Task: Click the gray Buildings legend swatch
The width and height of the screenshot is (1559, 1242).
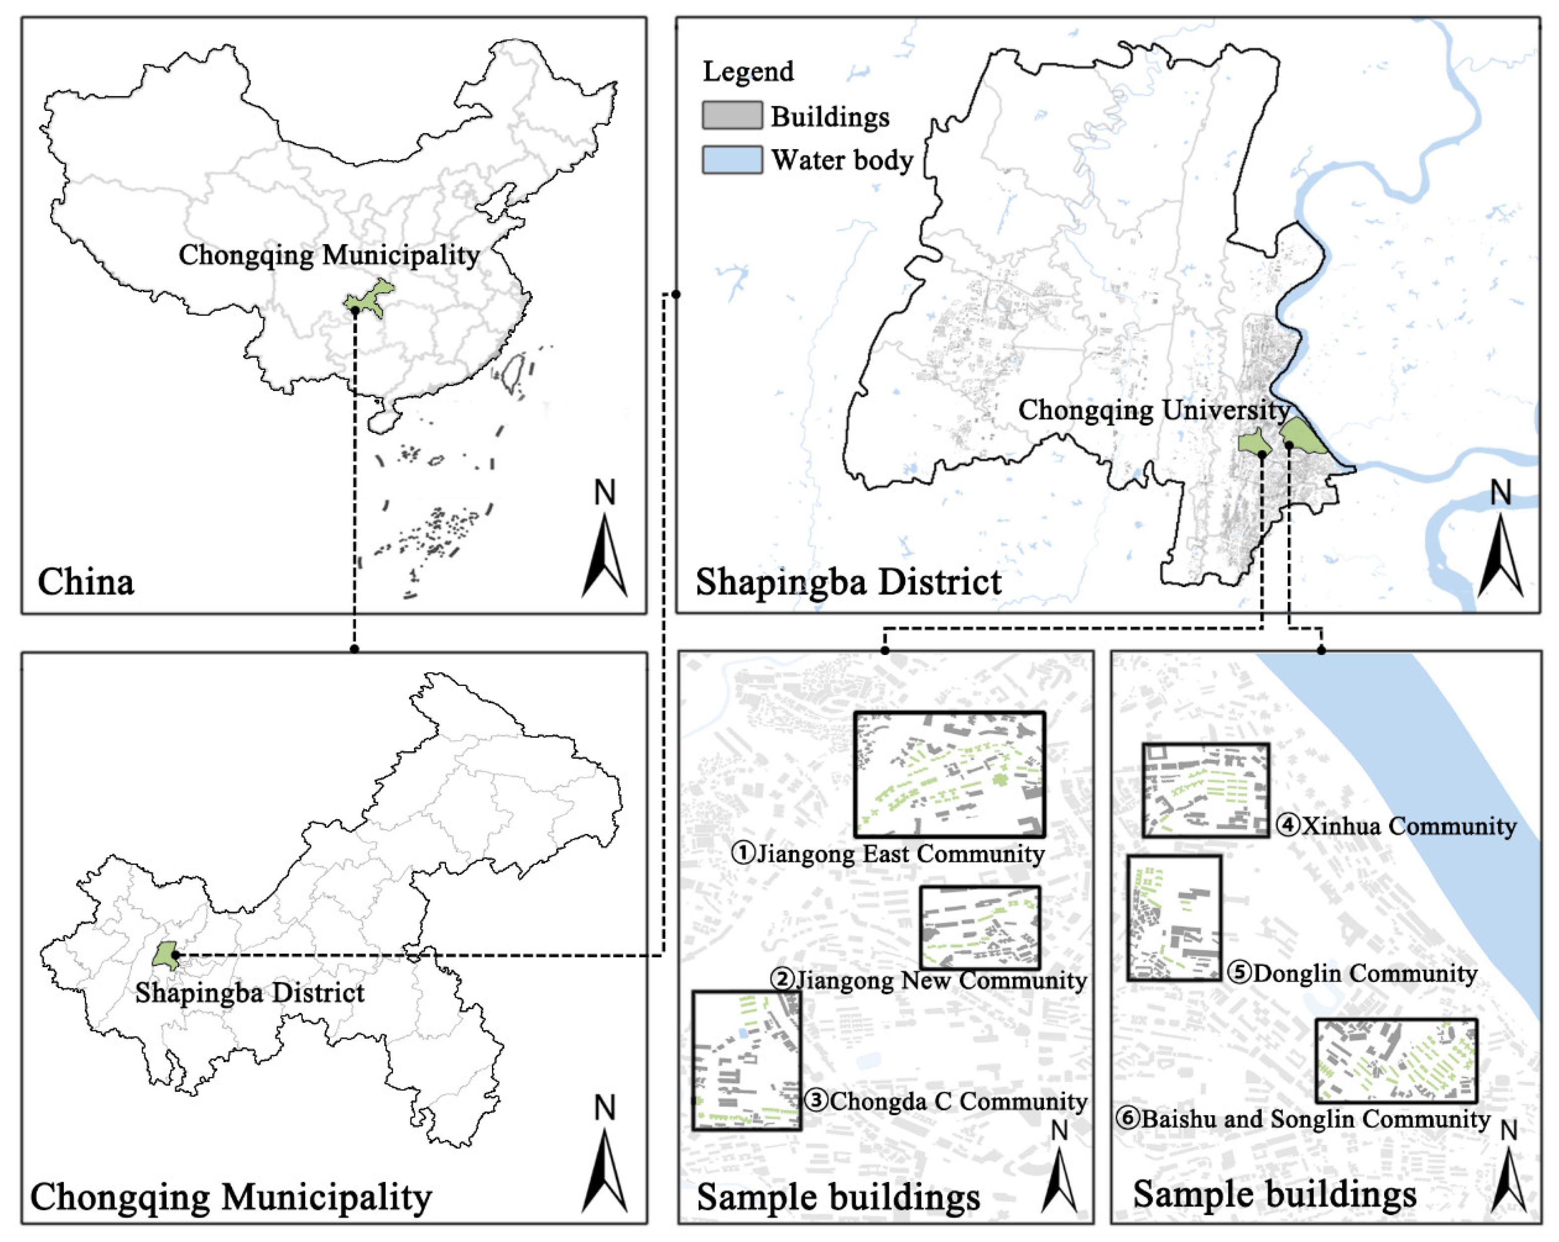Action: (732, 116)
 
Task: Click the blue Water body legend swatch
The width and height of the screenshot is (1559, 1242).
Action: (732, 160)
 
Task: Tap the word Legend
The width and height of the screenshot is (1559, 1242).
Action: (748, 72)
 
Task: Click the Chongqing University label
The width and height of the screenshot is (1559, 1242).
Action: (1154, 410)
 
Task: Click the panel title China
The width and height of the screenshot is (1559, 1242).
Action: (85, 582)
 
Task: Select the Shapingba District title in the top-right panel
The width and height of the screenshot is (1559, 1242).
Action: (849, 582)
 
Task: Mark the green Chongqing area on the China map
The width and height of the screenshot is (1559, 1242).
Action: (369, 298)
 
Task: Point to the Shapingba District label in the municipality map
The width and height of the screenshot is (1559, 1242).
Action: (249, 993)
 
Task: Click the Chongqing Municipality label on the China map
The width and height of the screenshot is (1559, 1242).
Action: (329, 255)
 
